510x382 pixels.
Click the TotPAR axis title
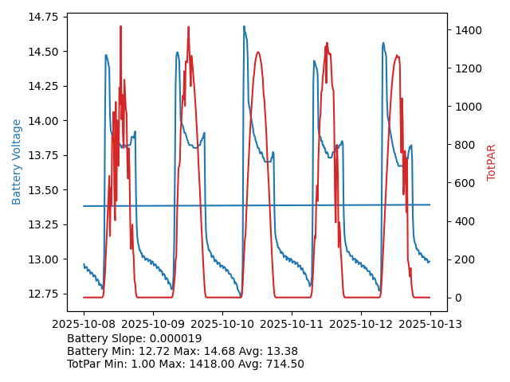coord(492,162)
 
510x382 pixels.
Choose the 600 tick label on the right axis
coord(465,183)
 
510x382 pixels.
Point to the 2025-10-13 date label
coord(430,325)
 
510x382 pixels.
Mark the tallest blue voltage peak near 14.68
coord(244,26)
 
